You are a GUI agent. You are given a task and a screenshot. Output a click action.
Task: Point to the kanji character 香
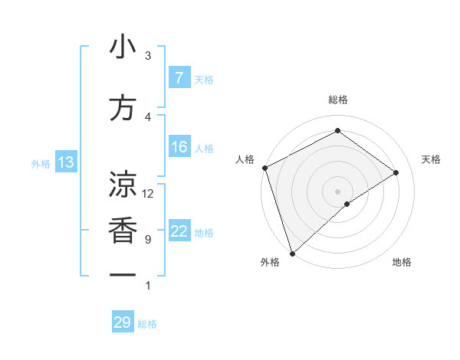[x=123, y=231]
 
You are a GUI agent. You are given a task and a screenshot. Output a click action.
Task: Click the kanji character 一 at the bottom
[x=123, y=275]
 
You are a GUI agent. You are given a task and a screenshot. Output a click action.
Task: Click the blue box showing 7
[x=179, y=78]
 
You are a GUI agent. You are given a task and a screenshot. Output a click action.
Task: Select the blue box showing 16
[x=179, y=147]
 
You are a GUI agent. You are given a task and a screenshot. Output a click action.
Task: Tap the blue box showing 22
[x=179, y=231]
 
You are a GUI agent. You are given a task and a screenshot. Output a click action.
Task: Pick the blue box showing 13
[x=65, y=162]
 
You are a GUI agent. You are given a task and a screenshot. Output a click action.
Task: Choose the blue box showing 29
[x=122, y=322]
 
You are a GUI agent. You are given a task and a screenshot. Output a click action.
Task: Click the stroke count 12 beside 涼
[x=148, y=194]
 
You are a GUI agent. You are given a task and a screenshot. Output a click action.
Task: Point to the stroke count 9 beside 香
[x=148, y=240]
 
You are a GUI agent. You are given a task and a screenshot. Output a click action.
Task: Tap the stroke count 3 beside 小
[x=148, y=56]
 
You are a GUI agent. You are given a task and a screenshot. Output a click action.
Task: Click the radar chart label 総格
[x=337, y=100]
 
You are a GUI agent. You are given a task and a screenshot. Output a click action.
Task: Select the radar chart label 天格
[x=432, y=159]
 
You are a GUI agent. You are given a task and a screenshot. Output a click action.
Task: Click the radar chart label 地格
[x=402, y=262]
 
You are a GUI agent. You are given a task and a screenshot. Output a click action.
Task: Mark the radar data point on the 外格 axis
[x=292, y=253]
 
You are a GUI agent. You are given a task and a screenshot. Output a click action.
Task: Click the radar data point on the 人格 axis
[x=264, y=168]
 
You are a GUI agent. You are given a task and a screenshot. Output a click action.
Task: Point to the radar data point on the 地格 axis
[x=347, y=204]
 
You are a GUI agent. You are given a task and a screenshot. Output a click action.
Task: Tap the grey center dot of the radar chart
[x=337, y=191]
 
